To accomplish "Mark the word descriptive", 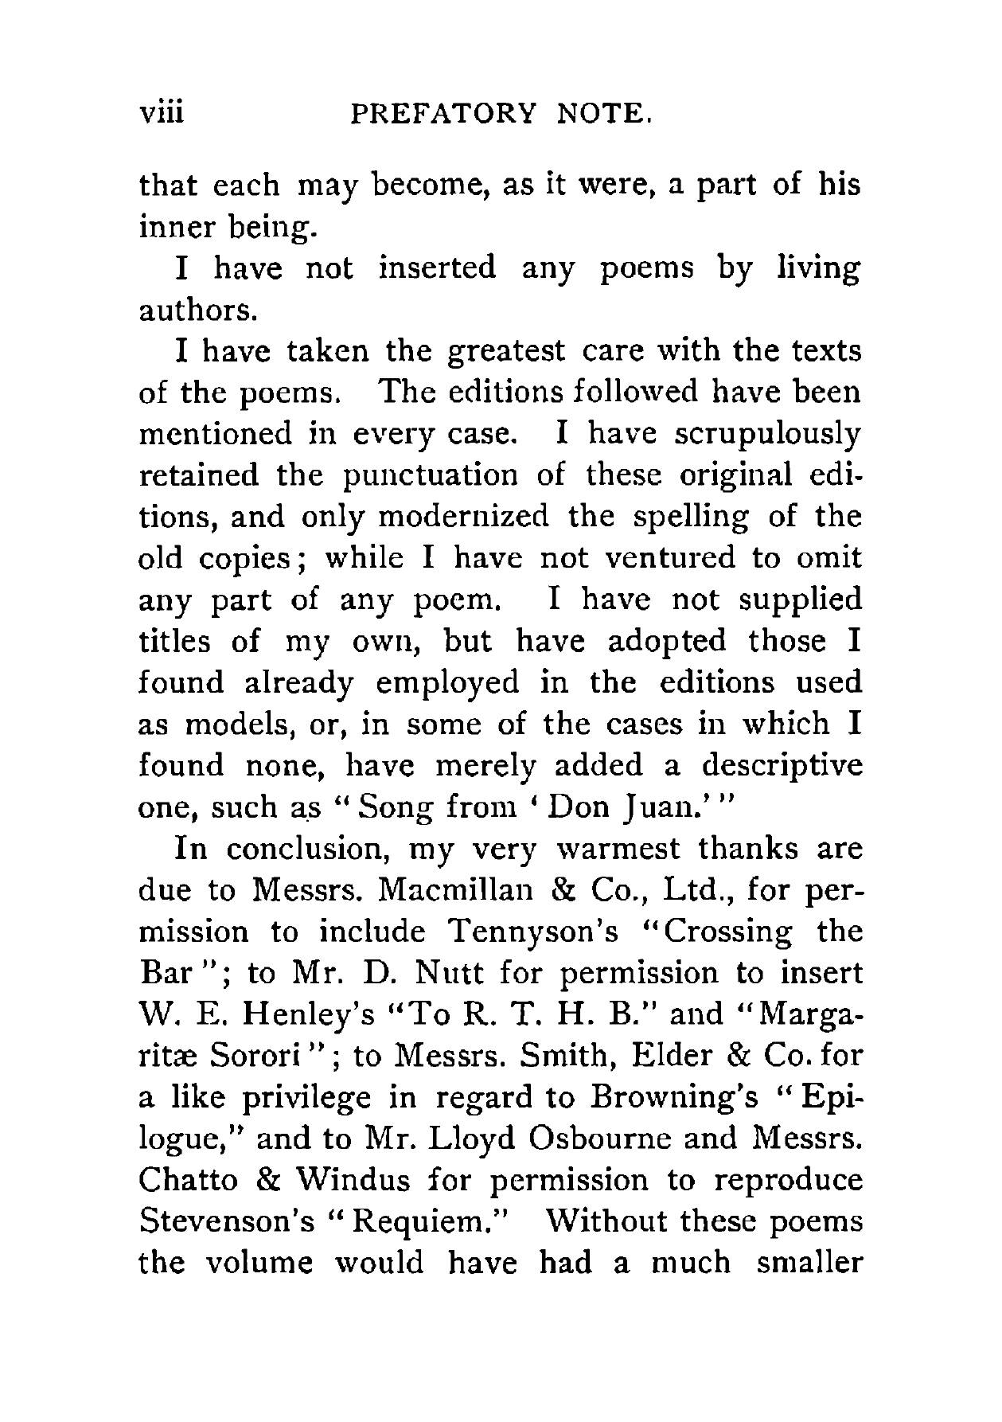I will tap(782, 766).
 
